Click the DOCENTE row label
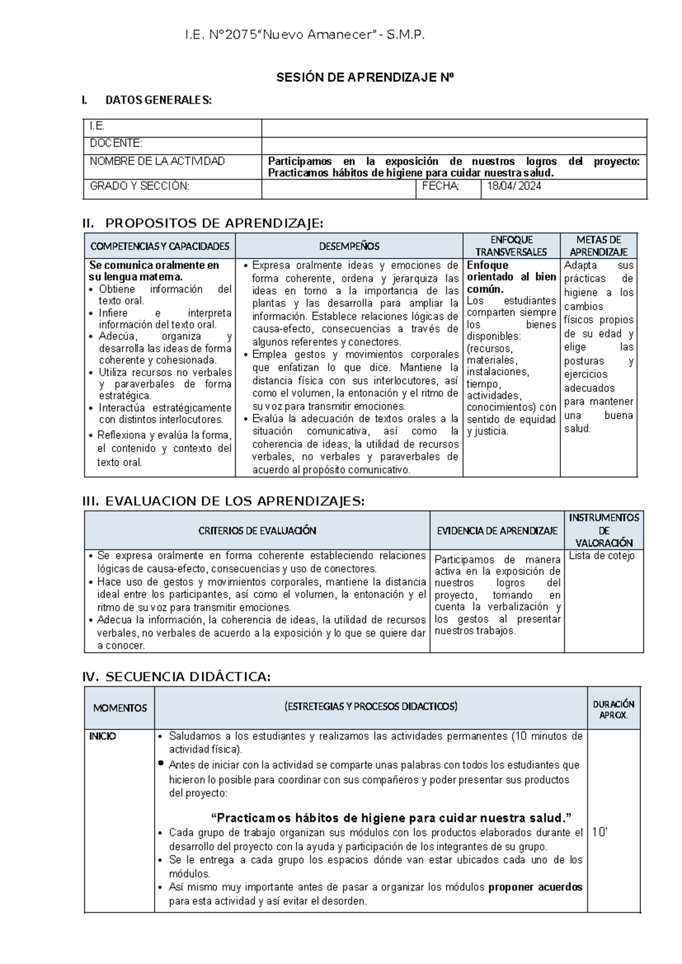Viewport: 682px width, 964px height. click(x=116, y=143)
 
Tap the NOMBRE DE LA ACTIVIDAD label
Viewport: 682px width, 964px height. click(x=157, y=161)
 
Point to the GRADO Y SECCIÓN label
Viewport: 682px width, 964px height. click(x=140, y=186)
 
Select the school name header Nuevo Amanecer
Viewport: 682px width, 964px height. click(x=305, y=36)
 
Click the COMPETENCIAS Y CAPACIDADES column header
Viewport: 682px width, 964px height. click(x=160, y=246)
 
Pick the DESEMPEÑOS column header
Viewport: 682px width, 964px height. click(x=349, y=246)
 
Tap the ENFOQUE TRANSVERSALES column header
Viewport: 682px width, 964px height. click(x=511, y=246)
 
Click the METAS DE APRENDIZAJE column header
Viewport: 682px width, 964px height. click(x=598, y=246)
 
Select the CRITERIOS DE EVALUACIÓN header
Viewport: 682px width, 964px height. click(x=257, y=531)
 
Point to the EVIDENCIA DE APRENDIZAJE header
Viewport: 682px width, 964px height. click(x=497, y=531)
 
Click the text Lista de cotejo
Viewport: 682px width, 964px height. click(x=601, y=556)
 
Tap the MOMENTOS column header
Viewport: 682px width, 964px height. click(x=120, y=708)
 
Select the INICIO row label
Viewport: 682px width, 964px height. click(x=103, y=737)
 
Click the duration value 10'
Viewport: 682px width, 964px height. click(x=600, y=832)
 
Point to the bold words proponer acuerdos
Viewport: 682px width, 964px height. click(x=535, y=887)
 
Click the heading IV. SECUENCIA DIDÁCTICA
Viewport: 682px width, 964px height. click(x=177, y=677)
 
